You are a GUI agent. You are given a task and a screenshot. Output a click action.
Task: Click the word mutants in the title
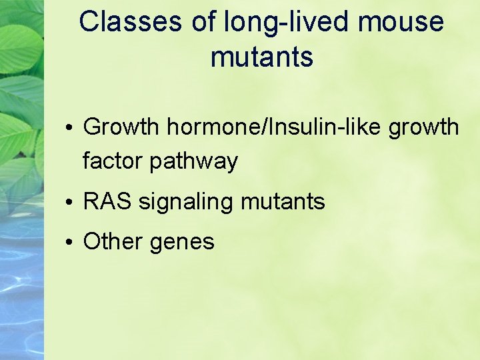(261, 57)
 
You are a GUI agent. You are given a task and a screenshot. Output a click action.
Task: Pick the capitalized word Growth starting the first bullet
(121, 126)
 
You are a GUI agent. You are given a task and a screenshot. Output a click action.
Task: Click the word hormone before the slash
(213, 126)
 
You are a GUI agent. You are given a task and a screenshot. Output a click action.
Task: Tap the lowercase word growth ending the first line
(425, 127)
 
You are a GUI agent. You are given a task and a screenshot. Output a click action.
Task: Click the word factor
(113, 161)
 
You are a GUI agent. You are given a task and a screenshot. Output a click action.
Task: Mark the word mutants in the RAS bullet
(282, 201)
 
